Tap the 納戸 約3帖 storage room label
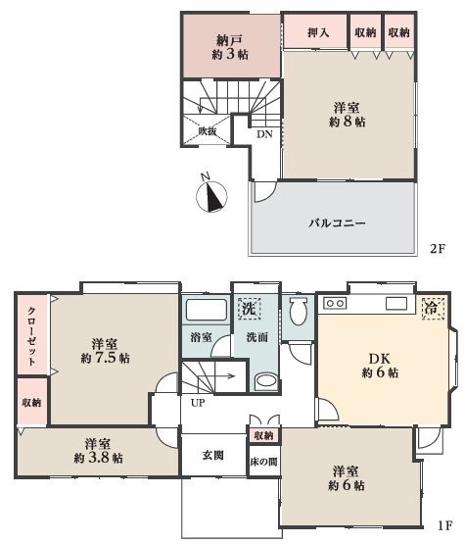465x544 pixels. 230,47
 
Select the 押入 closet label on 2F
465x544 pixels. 318,32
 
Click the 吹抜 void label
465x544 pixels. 208,131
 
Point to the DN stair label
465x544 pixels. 264,134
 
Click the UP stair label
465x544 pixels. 198,403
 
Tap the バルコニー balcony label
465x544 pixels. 337,223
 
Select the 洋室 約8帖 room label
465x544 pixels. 347,115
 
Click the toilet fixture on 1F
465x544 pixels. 298,310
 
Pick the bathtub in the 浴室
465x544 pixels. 207,310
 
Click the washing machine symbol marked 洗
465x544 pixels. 249,308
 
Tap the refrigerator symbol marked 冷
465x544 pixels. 433,308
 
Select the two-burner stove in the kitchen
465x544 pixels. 335,303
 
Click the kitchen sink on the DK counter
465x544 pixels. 396,304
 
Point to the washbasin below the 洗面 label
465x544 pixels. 266,381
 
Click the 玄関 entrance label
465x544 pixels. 212,455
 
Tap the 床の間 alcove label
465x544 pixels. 263,462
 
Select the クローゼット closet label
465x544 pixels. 32,335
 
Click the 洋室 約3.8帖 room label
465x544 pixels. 98,451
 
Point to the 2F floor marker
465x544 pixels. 437,249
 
